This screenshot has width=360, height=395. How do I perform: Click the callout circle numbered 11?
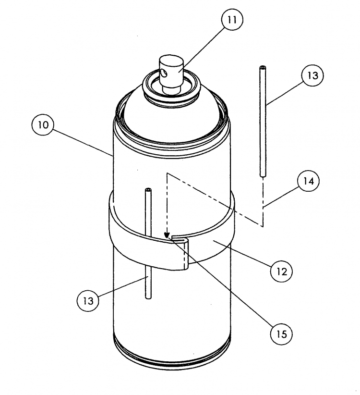[232, 21]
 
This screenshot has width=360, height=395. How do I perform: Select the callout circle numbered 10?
[43, 126]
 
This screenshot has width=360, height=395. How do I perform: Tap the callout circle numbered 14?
[308, 183]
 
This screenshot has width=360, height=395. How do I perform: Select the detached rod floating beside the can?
[262, 120]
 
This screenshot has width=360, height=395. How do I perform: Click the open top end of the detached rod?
[262, 68]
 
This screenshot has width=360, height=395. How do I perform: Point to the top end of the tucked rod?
[147, 191]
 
